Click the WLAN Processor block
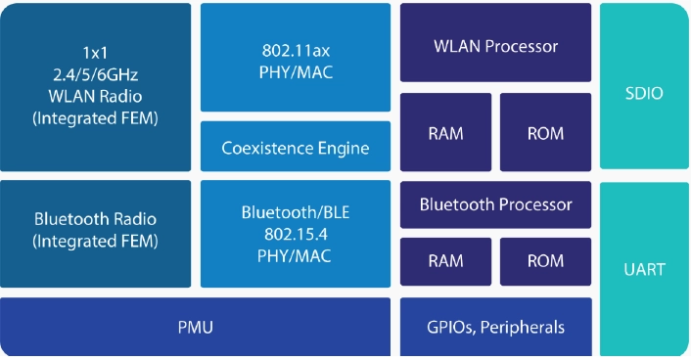pyautogui.click(x=495, y=42)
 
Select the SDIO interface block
pyautogui.click(x=644, y=86)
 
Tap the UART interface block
pyautogui.click(x=644, y=269)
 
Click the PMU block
pyautogui.click(x=195, y=327)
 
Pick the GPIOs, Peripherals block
pyautogui.click(x=496, y=327)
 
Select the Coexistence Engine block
pyautogui.click(x=296, y=147)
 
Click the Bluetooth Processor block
pyautogui.click(x=495, y=204)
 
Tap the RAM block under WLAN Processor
pyautogui.click(x=445, y=132)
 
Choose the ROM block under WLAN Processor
pyautogui.click(x=545, y=132)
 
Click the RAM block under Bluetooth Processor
pyautogui.click(x=445, y=262)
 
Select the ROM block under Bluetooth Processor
pyautogui.click(x=545, y=262)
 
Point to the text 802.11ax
pyautogui.click(x=296, y=51)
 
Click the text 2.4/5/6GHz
pyautogui.click(x=96, y=75)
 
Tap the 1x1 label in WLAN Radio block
pyautogui.click(x=95, y=53)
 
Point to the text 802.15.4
pyautogui.click(x=296, y=234)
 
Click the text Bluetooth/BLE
pyautogui.click(x=296, y=212)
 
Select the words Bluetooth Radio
pyautogui.click(x=95, y=219)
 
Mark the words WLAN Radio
pyautogui.click(x=95, y=97)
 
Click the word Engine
pyautogui.click(x=344, y=149)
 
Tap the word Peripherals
pyautogui.click(x=523, y=327)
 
